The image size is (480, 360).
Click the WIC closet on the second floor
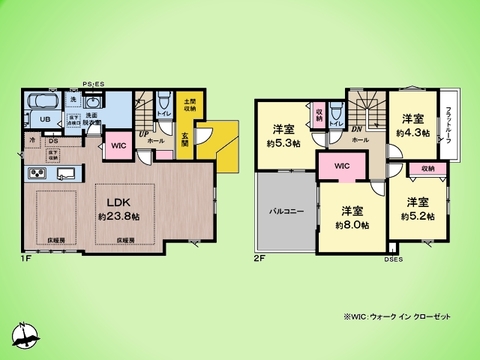[x=341, y=165]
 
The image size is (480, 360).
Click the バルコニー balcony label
[x=287, y=211]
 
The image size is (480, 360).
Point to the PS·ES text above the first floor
[x=94, y=85]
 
